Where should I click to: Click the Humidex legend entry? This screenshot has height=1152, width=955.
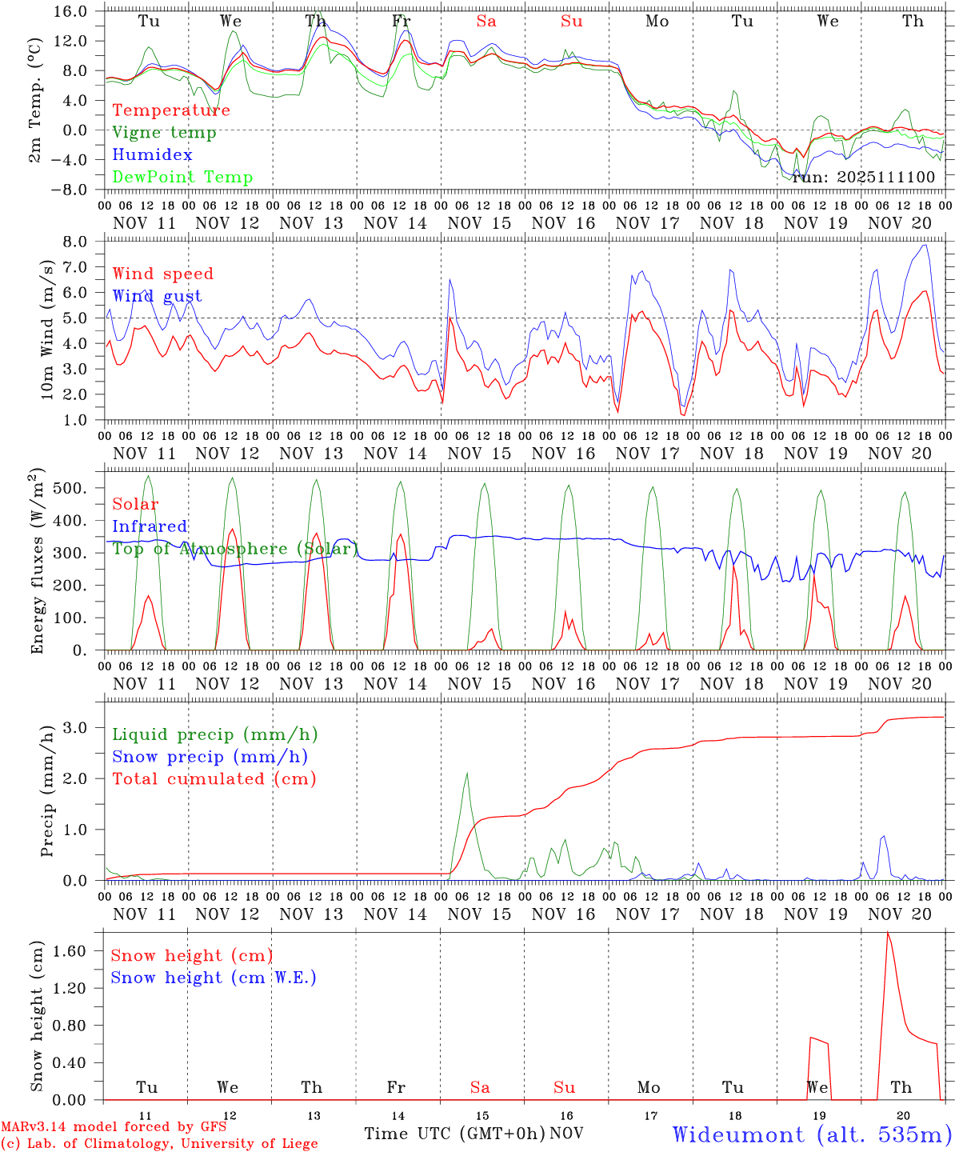click(x=153, y=155)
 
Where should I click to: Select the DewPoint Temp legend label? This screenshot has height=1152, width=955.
click(x=182, y=178)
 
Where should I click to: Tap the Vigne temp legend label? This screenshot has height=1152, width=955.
click(x=164, y=133)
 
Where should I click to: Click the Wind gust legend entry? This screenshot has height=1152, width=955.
click(x=157, y=296)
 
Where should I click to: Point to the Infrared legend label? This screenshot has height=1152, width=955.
click(x=150, y=526)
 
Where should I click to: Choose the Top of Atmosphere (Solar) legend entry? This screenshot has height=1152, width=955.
click(x=235, y=549)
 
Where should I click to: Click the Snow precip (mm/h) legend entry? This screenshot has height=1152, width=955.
click(x=210, y=757)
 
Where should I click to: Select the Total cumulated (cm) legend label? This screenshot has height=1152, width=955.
click(x=214, y=779)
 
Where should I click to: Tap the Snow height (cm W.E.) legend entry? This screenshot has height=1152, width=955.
click(x=214, y=978)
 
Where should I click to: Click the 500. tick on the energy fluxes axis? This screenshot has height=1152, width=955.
click(x=81, y=488)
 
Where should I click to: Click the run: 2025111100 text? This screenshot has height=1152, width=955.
click(x=863, y=177)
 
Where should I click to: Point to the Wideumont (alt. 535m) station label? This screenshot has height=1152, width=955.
click(x=812, y=1134)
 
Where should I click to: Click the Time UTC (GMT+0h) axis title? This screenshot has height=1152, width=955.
click(x=454, y=1134)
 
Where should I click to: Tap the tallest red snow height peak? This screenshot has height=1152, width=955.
click(x=887, y=934)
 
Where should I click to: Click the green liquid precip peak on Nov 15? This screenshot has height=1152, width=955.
click(x=467, y=774)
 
